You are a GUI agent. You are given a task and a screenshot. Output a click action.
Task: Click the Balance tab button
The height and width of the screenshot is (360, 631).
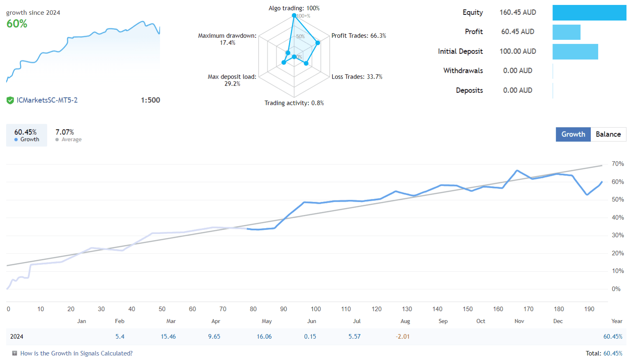pyautogui.click(x=608, y=134)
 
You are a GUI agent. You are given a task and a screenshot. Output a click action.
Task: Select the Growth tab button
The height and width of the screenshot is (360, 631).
pyautogui.click(x=573, y=134)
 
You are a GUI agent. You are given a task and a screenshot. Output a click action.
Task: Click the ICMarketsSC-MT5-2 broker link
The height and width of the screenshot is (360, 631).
pyautogui.click(x=47, y=100)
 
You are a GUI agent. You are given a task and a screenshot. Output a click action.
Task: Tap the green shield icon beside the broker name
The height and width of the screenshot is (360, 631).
pyautogui.click(x=10, y=100)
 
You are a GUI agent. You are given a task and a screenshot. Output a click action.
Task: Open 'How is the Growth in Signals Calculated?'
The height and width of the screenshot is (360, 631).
pyautogui.click(x=76, y=353)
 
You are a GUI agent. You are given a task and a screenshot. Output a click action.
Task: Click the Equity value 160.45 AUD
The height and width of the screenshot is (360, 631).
pyautogui.click(x=518, y=12)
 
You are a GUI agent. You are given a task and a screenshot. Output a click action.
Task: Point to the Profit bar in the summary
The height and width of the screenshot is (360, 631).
pyautogui.click(x=566, y=32)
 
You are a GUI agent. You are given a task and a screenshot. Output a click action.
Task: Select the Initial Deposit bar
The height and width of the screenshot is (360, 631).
pyautogui.click(x=575, y=52)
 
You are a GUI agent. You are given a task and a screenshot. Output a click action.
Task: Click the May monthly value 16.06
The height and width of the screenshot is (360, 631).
pyautogui.click(x=264, y=337)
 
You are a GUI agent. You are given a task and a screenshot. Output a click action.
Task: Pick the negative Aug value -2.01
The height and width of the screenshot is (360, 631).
pyautogui.click(x=403, y=337)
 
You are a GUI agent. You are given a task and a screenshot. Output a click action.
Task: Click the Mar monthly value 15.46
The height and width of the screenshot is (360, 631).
pyautogui.click(x=168, y=337)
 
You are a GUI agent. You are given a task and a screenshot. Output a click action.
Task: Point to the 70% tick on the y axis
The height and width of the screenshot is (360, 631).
pyautogui.click(x=617, y=164)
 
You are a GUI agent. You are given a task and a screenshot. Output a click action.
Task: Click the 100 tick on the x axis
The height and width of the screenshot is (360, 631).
pyautogui.click(x=315, y=309)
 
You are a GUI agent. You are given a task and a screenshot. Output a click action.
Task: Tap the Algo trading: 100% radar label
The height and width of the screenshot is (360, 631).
pyautogui.click(x=294, y=8)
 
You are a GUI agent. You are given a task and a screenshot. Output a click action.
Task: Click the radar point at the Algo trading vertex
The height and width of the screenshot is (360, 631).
pyautogui.click(x=294, y=16)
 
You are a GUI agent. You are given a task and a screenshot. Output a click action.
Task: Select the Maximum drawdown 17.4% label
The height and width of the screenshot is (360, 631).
pyautogui.click(x=227, y=39)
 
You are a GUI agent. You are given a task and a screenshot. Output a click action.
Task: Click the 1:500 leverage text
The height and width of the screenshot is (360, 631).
pyautogui.click(x=150, y=100)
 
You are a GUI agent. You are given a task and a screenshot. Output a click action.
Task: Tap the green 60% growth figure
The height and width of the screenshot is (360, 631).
pyautogui.click(x=17, y=24)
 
